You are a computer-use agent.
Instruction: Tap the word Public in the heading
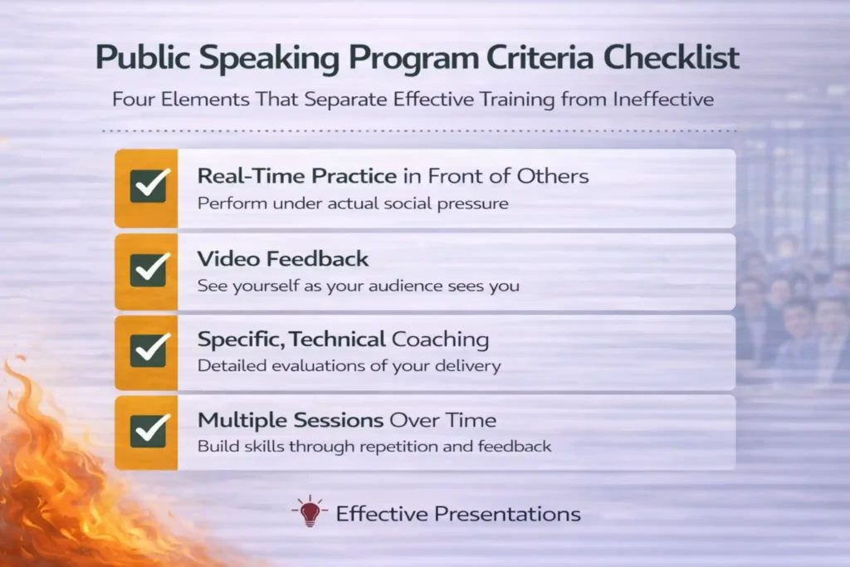pos(138,58)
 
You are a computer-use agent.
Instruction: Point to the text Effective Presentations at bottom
pos(457,514)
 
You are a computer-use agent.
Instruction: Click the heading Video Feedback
pos(282,258)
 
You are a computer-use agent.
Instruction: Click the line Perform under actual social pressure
pos(352,203)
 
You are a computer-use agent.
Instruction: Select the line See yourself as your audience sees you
pos(358,285)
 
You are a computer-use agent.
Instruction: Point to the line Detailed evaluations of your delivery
pos(349,365)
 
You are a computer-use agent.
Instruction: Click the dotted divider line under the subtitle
pos(419,130)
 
